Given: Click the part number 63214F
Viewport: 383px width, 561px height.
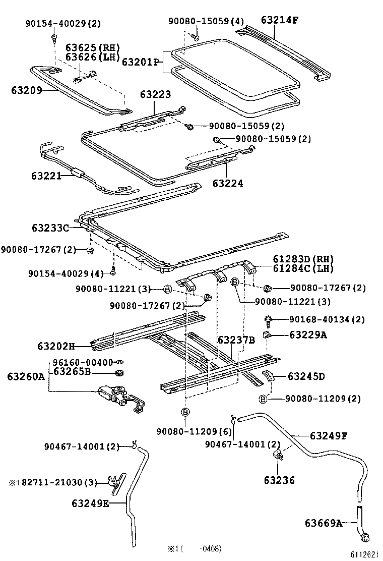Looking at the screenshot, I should [x=281, y=20].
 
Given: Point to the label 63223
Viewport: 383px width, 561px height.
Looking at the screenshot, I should [x=155, y=94].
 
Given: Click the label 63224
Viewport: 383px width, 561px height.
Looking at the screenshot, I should [x=227, y=183].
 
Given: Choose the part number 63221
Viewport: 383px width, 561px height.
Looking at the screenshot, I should [x=46, y=176].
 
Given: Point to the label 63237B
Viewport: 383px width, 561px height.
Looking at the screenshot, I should [x=236, y=340].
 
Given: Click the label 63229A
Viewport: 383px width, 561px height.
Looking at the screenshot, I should [x=307, y=334].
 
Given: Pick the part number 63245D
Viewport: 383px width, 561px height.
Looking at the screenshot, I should [x=306, y=376].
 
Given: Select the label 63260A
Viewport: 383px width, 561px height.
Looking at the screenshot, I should [x=26, y=376].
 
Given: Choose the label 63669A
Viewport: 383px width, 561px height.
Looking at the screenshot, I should [x=323, y=523].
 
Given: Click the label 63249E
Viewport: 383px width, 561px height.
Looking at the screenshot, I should [x=90, y=502].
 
